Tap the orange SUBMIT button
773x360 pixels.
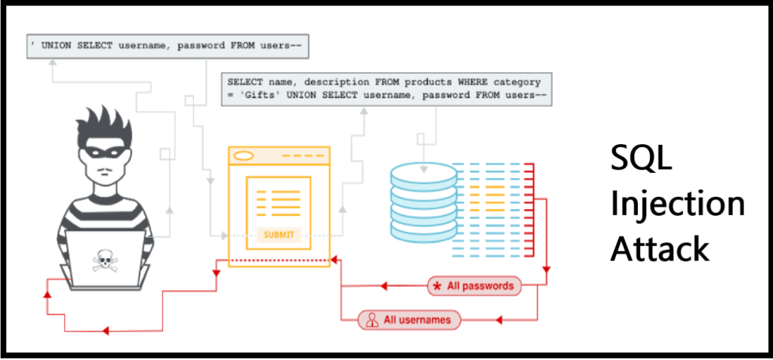[279, 235]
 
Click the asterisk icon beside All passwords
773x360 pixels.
[436, 286]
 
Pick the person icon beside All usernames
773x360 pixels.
[371, 320]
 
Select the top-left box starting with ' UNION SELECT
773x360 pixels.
[166, 46]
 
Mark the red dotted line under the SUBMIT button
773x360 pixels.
[279, 261]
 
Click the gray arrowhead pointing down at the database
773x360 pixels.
[423, 159]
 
